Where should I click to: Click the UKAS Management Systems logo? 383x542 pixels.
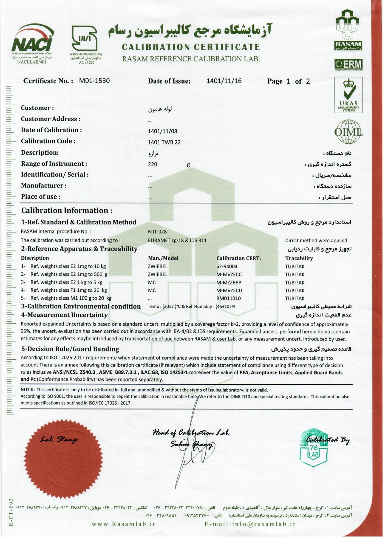click(x=348, y=95)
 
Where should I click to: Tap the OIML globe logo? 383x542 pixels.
click(x=348, y=132)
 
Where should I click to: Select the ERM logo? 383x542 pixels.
click(x=348, y=64)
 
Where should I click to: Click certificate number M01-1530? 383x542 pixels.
click(x=94, y=81)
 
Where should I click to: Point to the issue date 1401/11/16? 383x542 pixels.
click(x=224, y=81)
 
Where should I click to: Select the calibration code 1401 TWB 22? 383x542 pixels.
click(x=164, y=142)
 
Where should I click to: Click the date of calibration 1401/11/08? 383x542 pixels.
click(x=162, y=131)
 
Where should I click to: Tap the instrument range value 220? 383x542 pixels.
click(x=152, y=165)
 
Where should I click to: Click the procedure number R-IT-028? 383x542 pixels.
click(x=157, y=231)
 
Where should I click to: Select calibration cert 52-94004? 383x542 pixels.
click(x=227, y=266)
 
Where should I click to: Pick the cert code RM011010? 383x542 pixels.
click(x=228, y=298)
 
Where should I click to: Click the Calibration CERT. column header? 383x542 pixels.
click(x=239, y=258)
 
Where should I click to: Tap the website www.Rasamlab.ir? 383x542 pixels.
click(x=123, y=524)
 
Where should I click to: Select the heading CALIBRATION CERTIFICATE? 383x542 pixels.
click(x=191, y=47)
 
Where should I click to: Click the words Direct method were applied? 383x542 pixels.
click(x=316, y=240)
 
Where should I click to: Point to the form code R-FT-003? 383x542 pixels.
click(x=11, y=512)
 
